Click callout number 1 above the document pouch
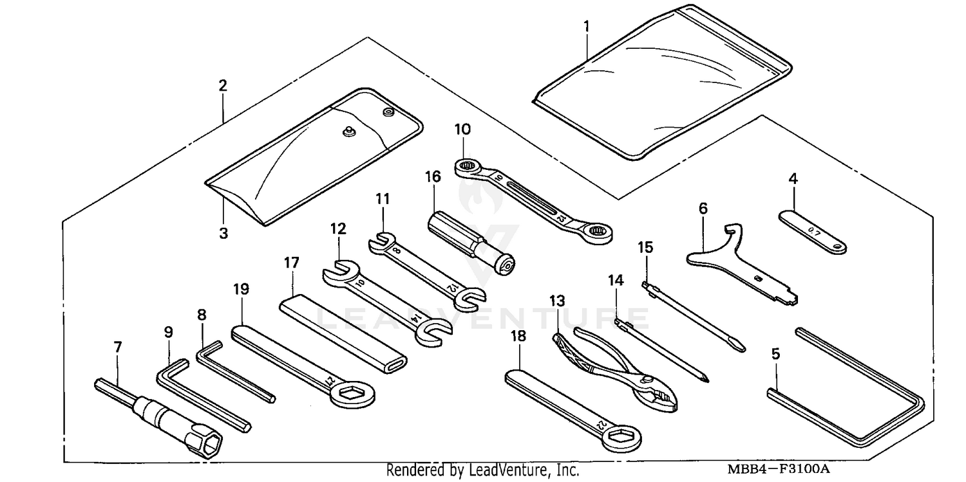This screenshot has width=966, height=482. (x=586, y=26)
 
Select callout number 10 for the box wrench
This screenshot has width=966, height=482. (x=462, y=129)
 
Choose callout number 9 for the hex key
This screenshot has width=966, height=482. (x=168, y=333)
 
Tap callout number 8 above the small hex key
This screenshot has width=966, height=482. (x=202, y=315)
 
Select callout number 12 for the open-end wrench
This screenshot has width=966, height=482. (x=338, y=228)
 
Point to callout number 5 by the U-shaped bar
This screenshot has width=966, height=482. (x=775, y=353)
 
